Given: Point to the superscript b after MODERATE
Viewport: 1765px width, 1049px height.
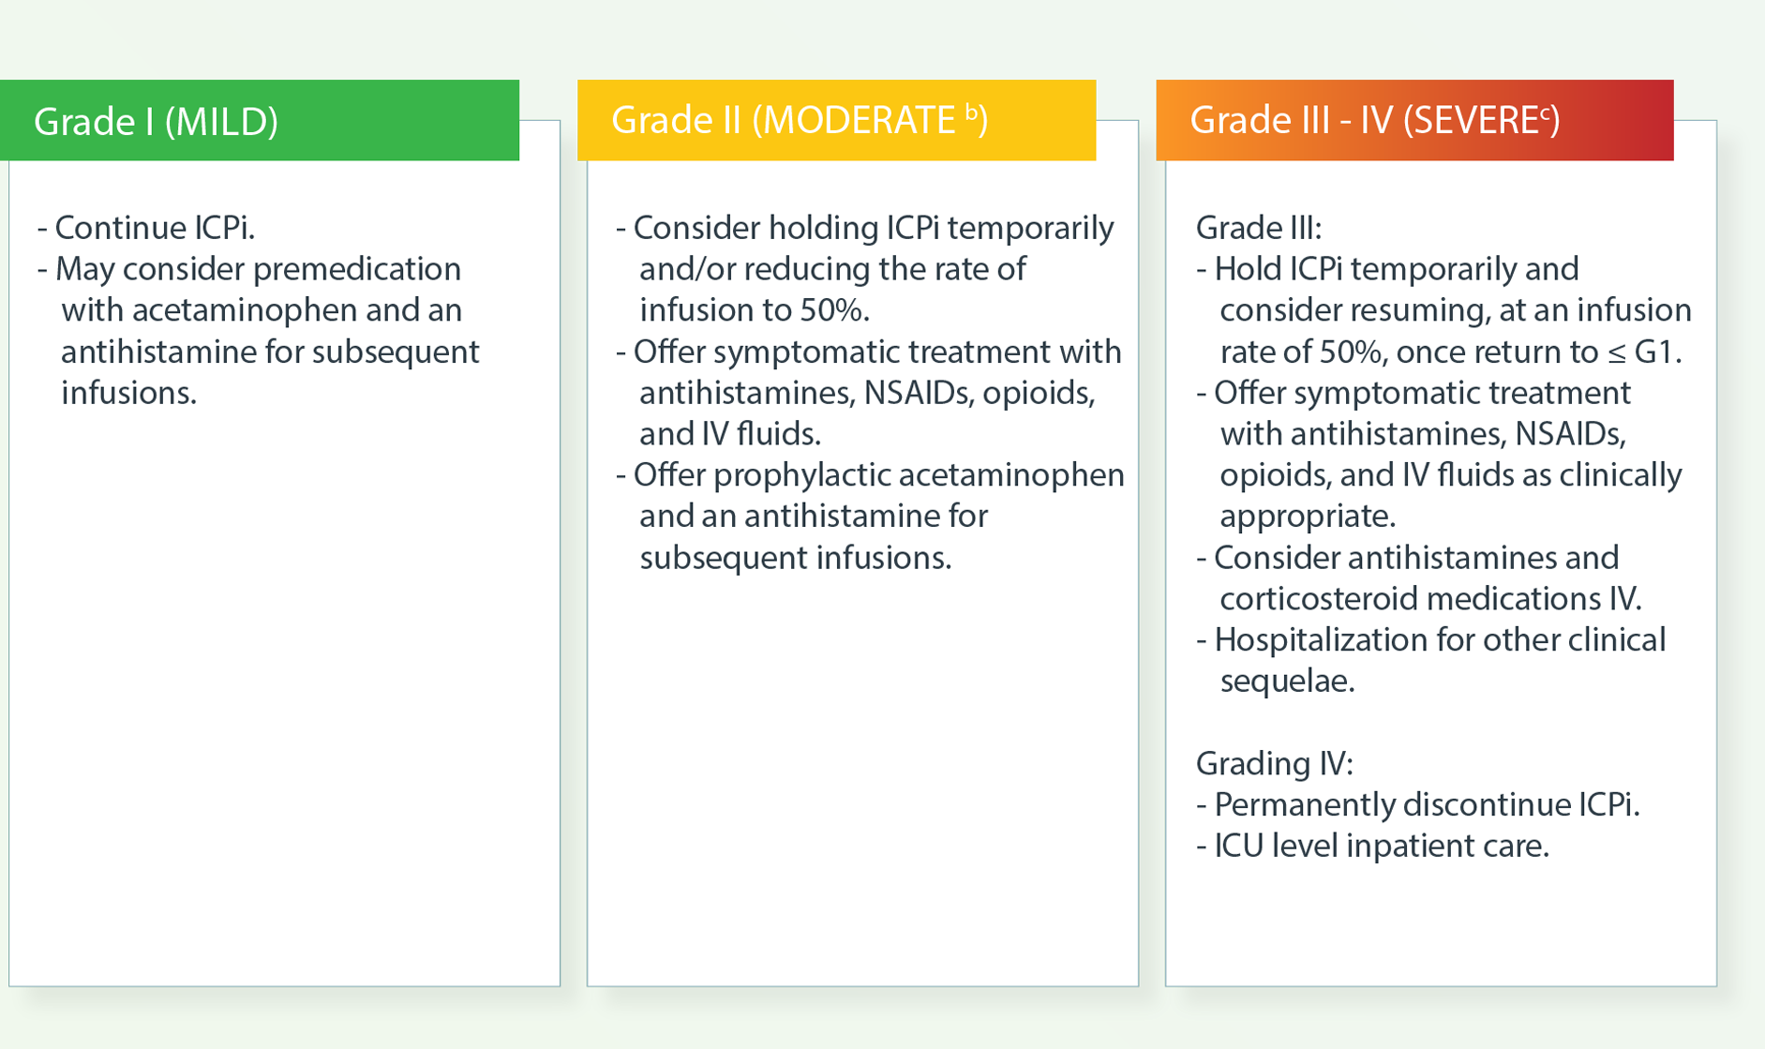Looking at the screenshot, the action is point(971,112).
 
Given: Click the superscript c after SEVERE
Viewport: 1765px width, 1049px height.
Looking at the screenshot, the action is point(1545,112).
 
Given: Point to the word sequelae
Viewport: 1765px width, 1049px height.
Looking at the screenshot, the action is point(1287,682).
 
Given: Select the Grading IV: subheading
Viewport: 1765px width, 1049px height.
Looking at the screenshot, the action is point(1275,764).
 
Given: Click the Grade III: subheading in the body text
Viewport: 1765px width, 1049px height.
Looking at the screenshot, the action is point(1259,228).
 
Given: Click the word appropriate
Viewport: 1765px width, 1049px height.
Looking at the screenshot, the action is point(1308,517).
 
